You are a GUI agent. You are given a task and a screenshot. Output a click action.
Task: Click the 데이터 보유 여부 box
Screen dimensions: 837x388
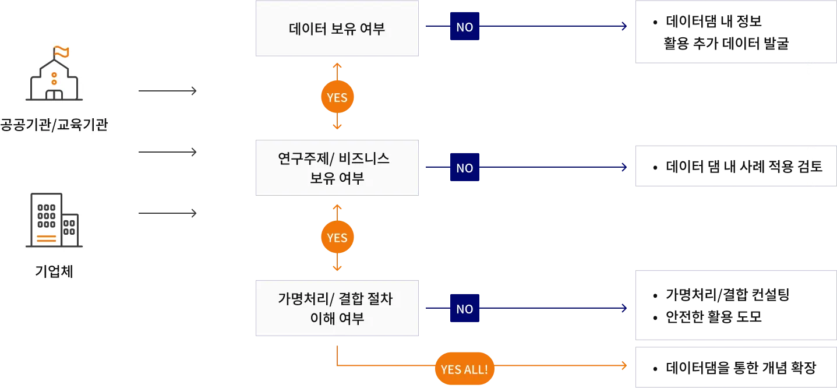coord(337,29)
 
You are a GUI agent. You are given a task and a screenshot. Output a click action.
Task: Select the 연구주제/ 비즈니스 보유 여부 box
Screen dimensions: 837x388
coord(337,168)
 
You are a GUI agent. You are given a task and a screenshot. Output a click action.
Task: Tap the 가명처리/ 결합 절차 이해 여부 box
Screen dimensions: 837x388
coord(337,308)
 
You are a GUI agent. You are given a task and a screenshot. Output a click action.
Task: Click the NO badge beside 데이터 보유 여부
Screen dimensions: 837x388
coord(464,26)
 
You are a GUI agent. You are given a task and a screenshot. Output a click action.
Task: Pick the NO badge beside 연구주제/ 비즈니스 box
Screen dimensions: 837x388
coord(464,167)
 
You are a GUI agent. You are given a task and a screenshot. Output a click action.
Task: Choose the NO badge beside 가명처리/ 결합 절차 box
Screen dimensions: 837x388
coord(464,308)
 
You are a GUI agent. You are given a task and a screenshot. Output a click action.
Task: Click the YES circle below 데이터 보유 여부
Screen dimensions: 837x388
coord(337,97)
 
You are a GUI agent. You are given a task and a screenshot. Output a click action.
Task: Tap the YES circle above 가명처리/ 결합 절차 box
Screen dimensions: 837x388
coord(337,237)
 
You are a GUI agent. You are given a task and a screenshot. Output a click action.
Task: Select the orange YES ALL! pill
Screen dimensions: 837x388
coord(464,369)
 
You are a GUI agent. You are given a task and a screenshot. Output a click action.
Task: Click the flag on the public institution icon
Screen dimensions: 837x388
coord(61,52)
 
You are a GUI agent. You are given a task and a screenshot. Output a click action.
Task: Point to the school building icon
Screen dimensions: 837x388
coord(54,73)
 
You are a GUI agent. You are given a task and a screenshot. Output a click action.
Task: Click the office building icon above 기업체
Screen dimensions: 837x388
coord(54,220)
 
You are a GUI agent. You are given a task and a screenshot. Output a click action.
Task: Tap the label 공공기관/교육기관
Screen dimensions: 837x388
coord(54,125)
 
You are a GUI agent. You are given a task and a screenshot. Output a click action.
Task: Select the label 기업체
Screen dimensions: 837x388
coord(54,271)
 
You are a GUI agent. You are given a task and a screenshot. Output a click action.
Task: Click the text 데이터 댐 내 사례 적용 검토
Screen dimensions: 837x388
coord(744,167)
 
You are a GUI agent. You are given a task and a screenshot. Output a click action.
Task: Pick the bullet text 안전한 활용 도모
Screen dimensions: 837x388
coord(714,316)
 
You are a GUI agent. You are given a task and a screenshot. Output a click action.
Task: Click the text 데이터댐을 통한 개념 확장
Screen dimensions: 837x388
coord(740,368)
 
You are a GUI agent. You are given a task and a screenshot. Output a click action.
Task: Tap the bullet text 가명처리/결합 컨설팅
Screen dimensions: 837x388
coord(727,295)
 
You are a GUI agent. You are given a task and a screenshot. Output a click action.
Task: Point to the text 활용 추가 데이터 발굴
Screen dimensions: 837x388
coord(726,43)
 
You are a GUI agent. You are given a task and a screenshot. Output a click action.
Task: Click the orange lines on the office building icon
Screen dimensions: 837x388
coord(47,238)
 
